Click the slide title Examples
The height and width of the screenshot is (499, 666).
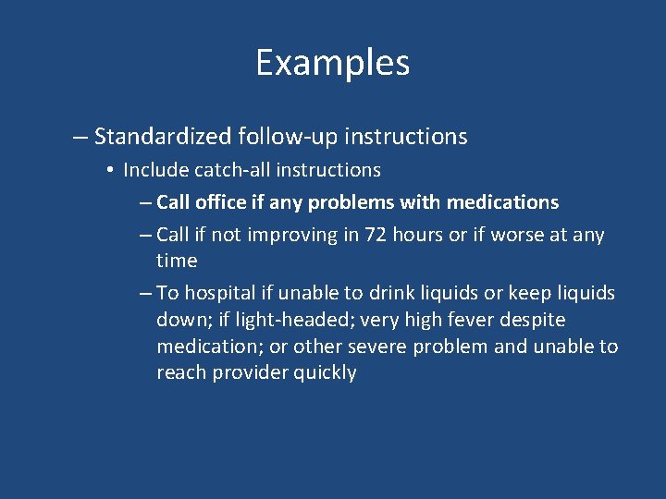(x=332, y=63)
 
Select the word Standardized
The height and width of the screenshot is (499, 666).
(x=163, y=137)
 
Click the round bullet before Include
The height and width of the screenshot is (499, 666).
(x=109, y=170)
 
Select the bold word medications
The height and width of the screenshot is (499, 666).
(x=503, y=201)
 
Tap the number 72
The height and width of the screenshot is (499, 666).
(x=376, y=235)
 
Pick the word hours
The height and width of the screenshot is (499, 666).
(x=418, y=235)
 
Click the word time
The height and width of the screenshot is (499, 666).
(x=177, y=261)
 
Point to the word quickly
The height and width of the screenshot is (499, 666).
(x=326, y=372)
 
